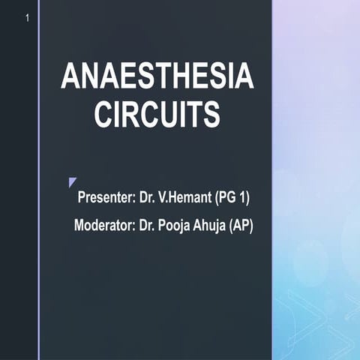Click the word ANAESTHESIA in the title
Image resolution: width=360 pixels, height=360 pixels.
coord(157,78)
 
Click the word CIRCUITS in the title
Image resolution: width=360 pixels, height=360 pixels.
coord(157,115)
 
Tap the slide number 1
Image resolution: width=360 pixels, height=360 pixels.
coord(27,16)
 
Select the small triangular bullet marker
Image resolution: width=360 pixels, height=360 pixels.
coord(72,182)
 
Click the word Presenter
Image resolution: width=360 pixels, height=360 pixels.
coord(105,198)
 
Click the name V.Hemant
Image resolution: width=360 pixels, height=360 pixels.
coord(183,198)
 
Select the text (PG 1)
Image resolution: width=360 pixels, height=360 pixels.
coord(232,198)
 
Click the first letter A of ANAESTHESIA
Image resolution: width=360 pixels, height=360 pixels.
coord(68,78)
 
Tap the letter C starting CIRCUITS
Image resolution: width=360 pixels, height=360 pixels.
coord(103,115)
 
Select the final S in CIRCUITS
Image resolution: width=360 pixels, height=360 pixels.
coord(211,115)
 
